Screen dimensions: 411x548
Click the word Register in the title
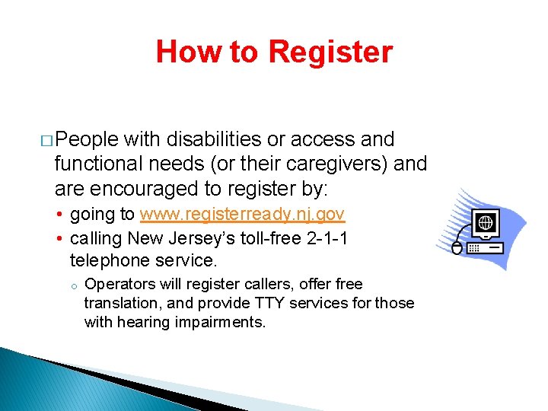(x=330, y=53)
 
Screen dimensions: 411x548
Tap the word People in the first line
(x=87, y=139)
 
